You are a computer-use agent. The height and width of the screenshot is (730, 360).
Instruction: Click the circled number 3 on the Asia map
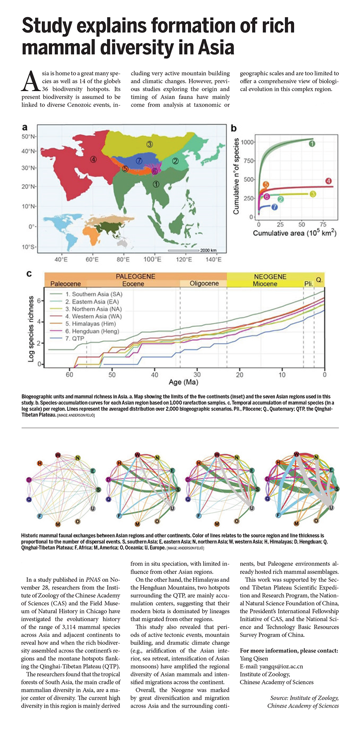tap(149, 144)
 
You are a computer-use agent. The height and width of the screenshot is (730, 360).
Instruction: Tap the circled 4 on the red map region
tap(94, 159)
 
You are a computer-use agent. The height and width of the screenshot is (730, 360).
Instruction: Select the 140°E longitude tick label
tap(214, 260)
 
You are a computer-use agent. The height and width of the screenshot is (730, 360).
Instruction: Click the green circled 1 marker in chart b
tap(312, 144)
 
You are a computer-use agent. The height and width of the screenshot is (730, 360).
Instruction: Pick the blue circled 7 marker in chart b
tap(274, 207)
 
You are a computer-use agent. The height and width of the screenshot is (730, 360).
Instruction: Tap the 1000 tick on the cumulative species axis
tap(247, 142)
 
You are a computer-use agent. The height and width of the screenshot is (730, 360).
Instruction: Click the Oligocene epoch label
tap(204, 283)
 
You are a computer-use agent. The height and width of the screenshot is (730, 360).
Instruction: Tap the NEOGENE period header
tap(270, 276)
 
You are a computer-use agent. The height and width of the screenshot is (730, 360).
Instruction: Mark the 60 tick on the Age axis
tap(69, 375)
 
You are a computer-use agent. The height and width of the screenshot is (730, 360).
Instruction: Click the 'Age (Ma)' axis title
tap(183, 382)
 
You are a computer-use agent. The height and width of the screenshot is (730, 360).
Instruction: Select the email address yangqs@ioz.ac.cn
tap(271, 666)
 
